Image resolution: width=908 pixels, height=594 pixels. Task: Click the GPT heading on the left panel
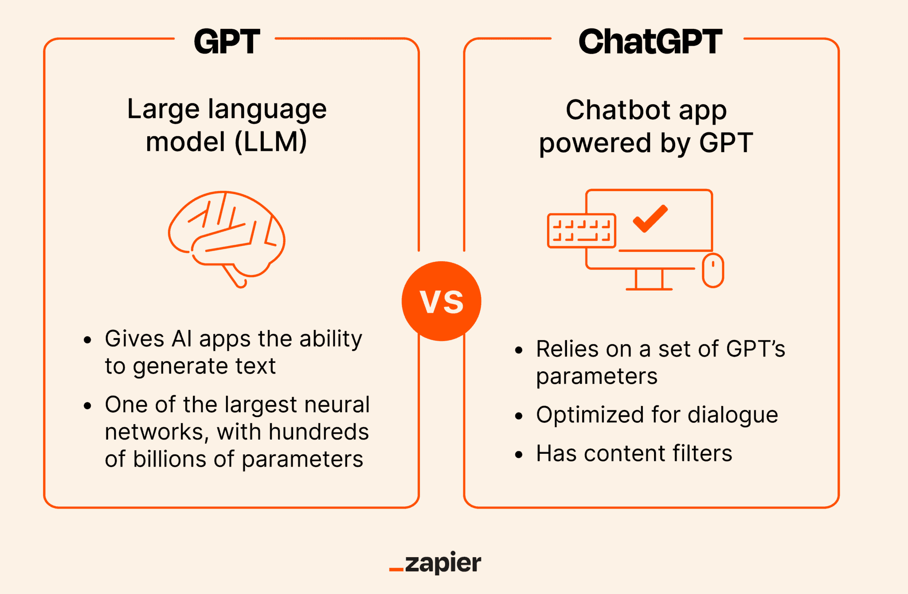pos(227,42)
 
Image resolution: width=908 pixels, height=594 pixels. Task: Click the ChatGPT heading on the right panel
pos(650,42)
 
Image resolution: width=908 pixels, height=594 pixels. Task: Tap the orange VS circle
pos(441,301)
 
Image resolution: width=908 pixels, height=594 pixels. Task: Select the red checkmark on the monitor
pos(650,219)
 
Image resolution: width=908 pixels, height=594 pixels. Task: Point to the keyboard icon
pos(581,231)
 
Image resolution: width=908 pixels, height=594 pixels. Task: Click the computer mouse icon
pos(713,270)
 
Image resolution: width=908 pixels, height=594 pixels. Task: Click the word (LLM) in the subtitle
pos(270,142)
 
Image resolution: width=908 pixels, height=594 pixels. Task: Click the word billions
pos(169,459)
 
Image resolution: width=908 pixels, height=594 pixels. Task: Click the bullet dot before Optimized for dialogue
pos(519,416)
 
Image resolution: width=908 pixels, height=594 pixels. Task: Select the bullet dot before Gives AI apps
pos(87,340)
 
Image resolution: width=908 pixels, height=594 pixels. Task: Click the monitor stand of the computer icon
pos(649,279)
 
